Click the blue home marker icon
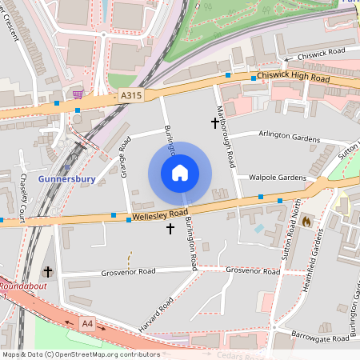coord(180,173)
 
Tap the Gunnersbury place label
coord(67,178)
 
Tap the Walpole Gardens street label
coord(278,178)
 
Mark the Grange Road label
coord(125,157)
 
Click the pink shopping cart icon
coord(78,94)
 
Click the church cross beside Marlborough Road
coord(214,123)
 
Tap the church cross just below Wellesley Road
coord(170,229)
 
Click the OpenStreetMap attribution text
coord(70,354)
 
